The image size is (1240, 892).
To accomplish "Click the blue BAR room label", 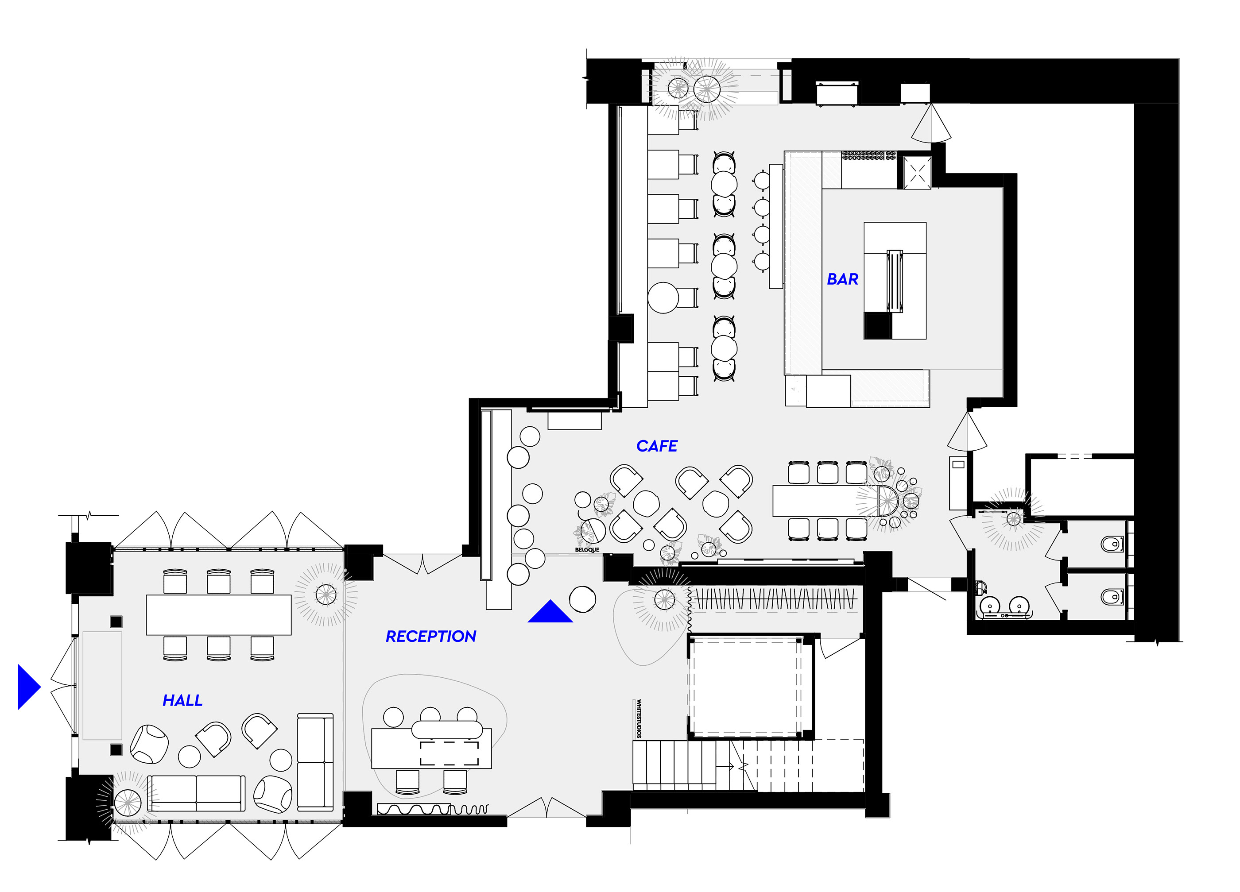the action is [842, 279].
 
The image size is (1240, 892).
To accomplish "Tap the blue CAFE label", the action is [657, 446].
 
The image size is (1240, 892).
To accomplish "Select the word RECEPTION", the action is [431, 636].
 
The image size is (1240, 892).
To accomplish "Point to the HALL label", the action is [182, 700].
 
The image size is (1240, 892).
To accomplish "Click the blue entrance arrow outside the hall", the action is [29, 687].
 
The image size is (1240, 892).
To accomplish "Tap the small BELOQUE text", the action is [587, 550].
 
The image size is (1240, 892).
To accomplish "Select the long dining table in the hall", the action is [219, 615].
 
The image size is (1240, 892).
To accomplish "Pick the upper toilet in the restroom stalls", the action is [1111, 544].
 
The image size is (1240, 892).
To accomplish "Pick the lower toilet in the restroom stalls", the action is [1111, 597].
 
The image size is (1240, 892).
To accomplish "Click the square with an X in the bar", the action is [917, 173].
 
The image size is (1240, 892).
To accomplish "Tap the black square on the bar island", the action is [877, 326].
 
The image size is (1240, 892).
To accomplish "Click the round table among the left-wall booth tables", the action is [663, 297].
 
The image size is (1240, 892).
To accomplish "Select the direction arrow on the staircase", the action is [725, 767].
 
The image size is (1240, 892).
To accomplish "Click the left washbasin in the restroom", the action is [990, 605].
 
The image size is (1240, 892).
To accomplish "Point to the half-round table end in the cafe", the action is [887, 501].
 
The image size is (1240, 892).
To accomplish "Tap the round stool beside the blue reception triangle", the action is [582, 599].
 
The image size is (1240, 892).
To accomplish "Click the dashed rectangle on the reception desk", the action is [449, 753].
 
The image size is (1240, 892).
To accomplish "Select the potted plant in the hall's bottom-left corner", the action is [128, 803].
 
